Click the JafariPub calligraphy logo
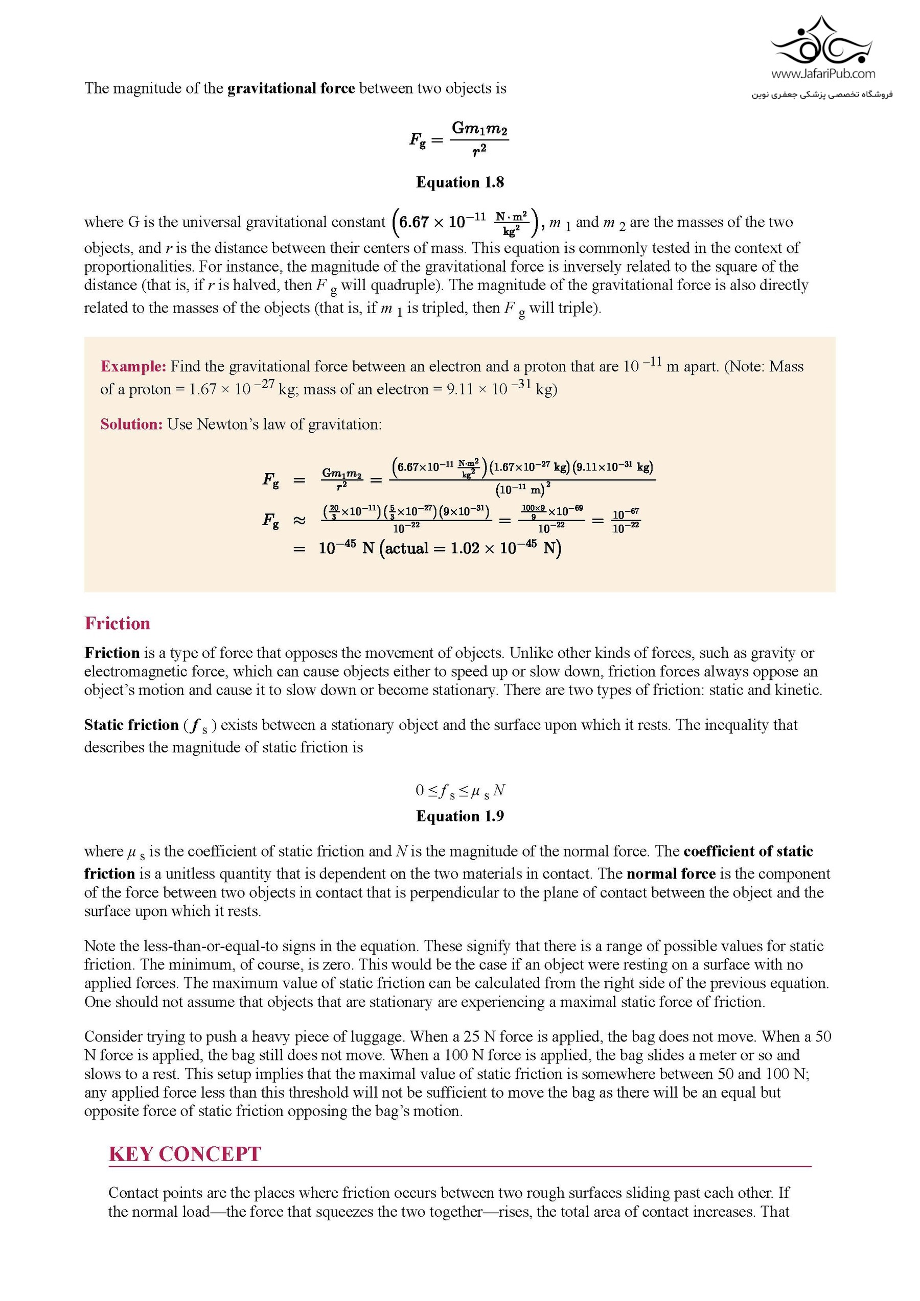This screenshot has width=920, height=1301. [x=822, y=41]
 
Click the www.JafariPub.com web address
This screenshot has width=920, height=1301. [x=822, y=74]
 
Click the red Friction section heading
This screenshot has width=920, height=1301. [x=118, y=623]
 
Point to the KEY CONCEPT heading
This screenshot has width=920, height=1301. [x=185, y=1154]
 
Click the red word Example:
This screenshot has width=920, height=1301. [x=133, y=367]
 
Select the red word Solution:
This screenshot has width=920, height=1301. [x=131, y=424]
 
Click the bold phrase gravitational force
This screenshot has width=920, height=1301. [x=291, y=88]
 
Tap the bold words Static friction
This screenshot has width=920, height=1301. [x=131, y=725]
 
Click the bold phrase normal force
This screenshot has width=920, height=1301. [x=671, y=874]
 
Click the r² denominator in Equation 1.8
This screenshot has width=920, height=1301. [x=479, y=149]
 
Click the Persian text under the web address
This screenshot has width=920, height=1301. [x=822, y=94]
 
